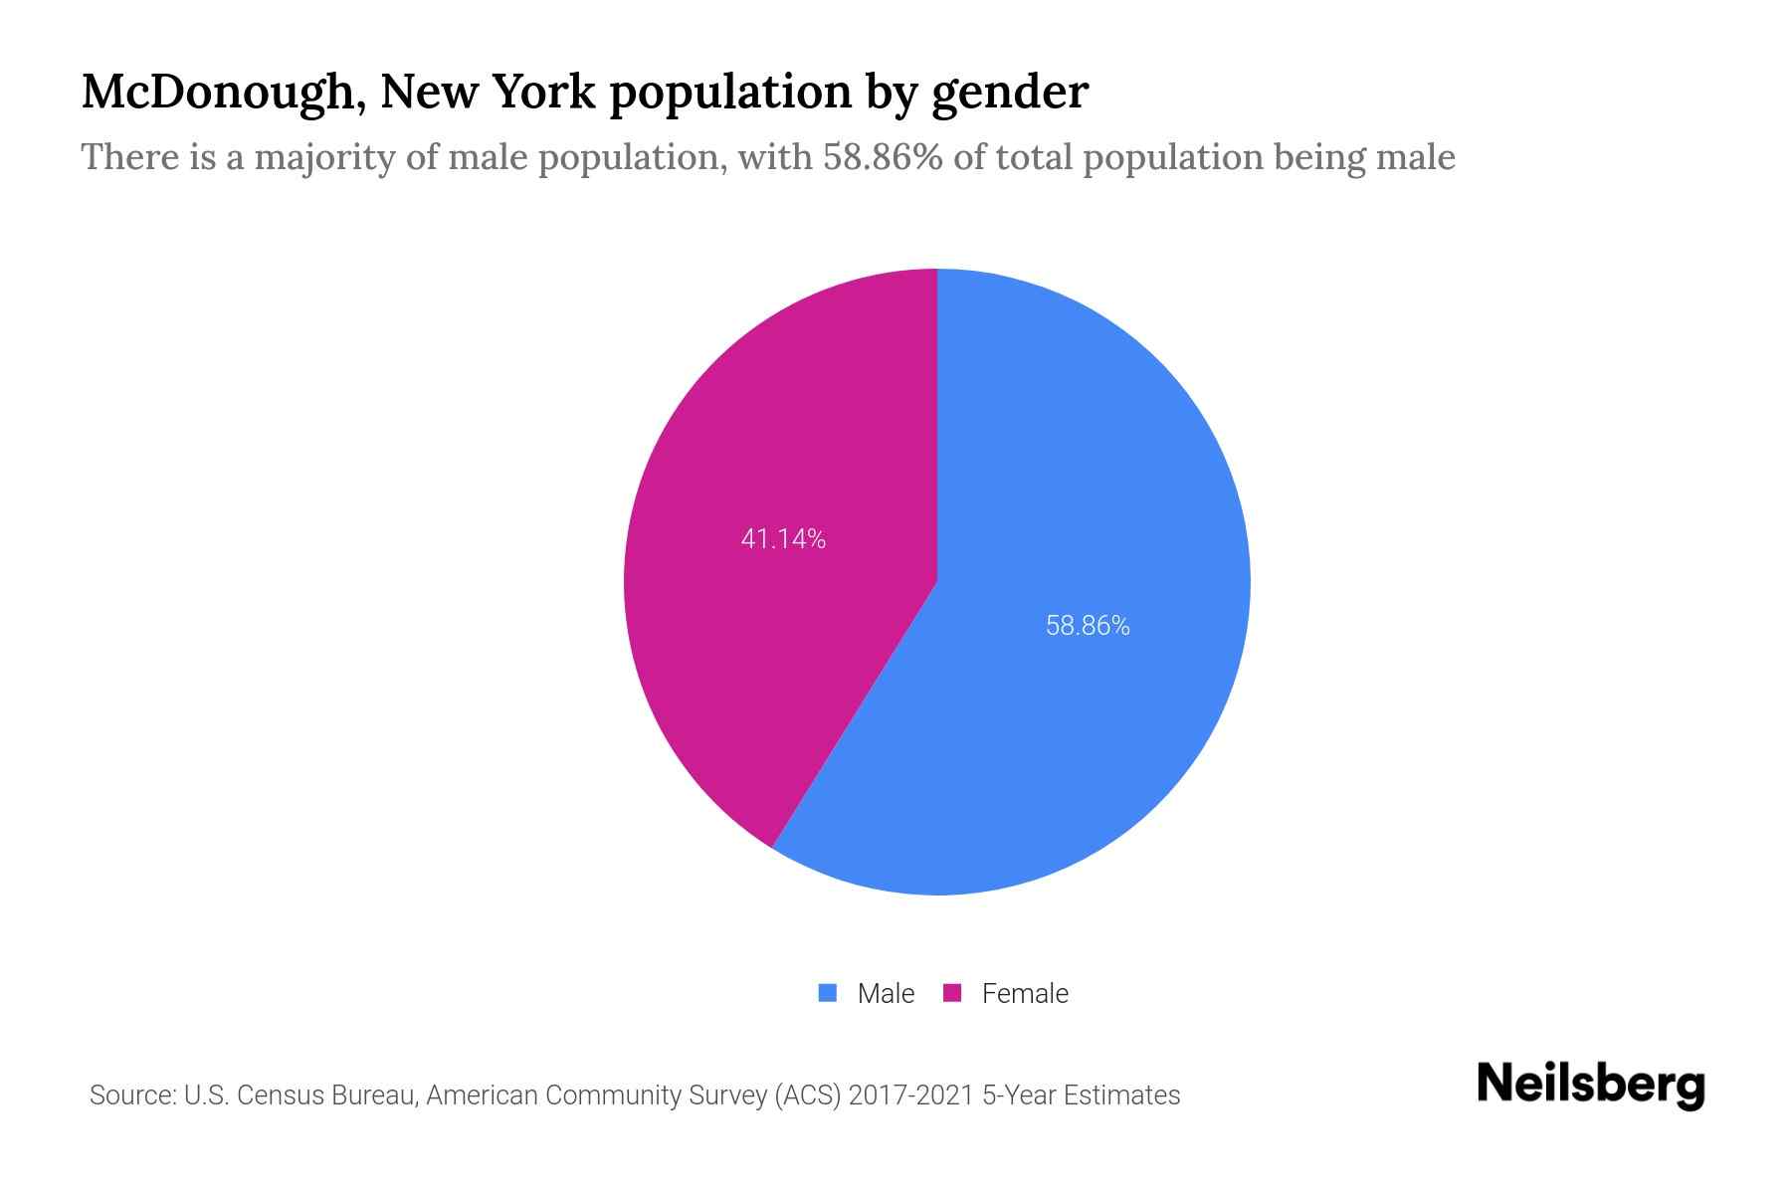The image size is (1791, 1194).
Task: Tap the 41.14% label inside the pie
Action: [783, 539]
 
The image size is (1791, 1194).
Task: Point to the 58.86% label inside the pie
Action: [1088, 626]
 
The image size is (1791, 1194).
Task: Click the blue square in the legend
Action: [827, 992]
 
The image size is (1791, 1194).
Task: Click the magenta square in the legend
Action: [952, 992]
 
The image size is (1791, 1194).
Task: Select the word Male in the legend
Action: [886, 993]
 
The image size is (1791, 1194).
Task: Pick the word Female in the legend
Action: [1025, 993]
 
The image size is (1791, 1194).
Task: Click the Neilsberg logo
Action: [1590, 1085]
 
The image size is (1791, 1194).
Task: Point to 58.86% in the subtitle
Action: [882, 157]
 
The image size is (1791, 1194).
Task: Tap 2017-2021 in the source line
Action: [910, 1095]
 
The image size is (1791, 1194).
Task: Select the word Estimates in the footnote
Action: [1121, 1095]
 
